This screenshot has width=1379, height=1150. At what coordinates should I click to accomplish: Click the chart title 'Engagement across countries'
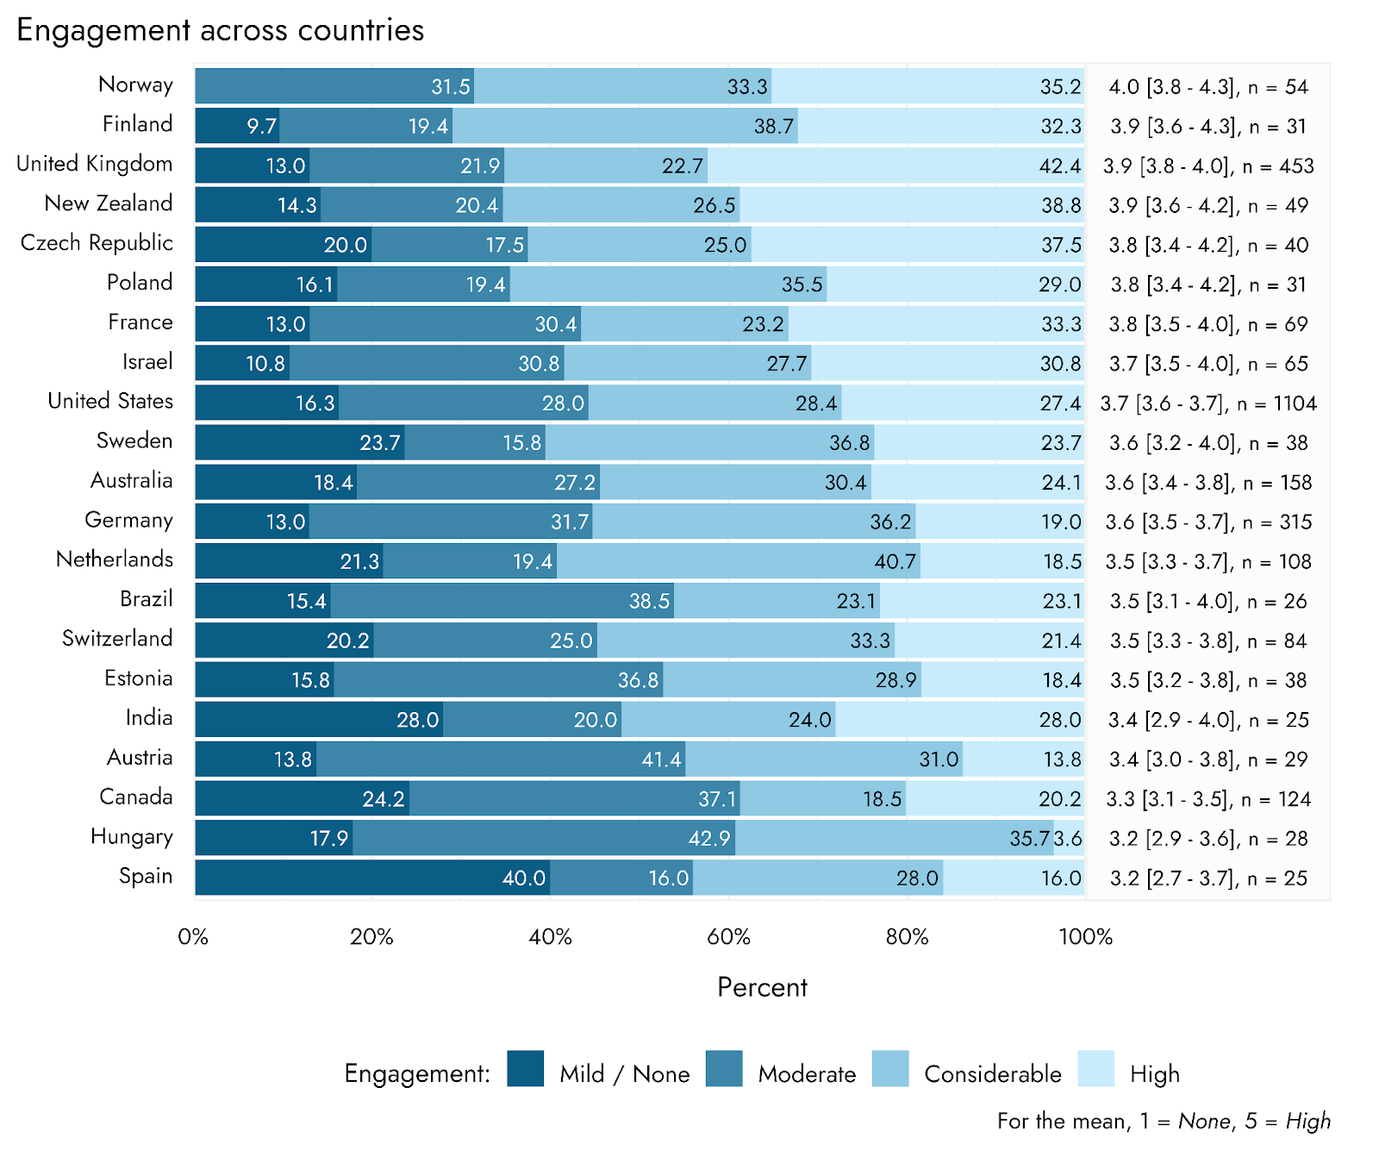[221, 30]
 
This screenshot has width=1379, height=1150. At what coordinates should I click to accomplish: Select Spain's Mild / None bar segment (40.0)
[372, 878]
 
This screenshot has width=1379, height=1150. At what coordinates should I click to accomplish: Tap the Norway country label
[135, 84]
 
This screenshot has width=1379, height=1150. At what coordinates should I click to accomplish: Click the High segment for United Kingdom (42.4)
[895, 166]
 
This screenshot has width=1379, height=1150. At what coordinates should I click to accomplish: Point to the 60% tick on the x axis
[728, 937]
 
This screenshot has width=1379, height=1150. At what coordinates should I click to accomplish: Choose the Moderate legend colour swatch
[724, 1069]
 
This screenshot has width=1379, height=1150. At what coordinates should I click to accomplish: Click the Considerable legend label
[992, 1074]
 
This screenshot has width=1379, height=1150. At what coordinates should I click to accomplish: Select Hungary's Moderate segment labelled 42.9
[544, 838]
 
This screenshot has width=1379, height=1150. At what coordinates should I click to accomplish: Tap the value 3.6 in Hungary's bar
[1069, 838]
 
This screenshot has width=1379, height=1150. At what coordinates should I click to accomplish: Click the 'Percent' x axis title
[762, 987]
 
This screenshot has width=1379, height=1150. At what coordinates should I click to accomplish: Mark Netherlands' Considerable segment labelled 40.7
[739, 561]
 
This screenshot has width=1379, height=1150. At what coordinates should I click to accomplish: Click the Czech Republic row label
[97, 243]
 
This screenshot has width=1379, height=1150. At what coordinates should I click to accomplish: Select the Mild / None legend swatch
[526, 1069]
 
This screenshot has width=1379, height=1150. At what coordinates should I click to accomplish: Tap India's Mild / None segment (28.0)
[319, 719]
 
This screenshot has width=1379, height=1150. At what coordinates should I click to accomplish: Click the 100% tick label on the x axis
[1085, 937]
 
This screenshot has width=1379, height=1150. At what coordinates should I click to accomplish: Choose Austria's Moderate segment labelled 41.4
[501, 759]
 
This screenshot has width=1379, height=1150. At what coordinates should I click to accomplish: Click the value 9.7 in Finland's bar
[260, 127]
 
